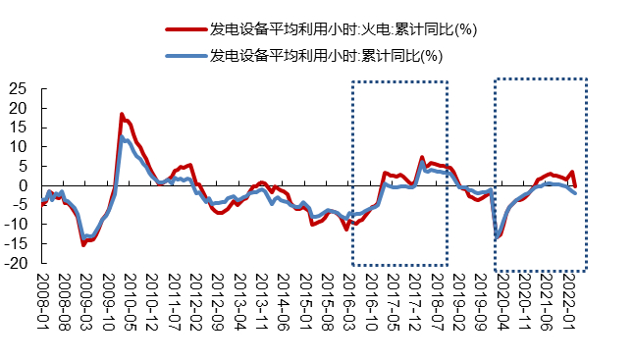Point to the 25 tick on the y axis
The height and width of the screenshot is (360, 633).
coord(17,88)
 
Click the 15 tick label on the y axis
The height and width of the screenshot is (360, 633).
coord(17,128)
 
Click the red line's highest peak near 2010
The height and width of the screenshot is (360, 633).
coord(122,115)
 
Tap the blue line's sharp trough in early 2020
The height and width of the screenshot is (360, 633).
coord(498,235)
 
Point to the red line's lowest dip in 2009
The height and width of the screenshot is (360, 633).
coord(83,244)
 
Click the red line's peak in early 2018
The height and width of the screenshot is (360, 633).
coord(422,157)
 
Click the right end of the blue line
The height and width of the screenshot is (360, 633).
coord(575,193)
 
